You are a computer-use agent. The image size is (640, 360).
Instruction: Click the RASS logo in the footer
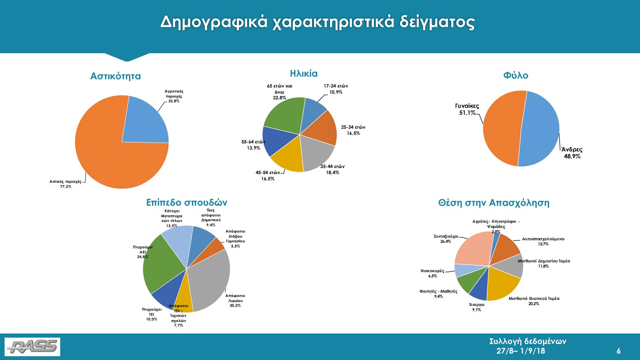[x=32, y=346]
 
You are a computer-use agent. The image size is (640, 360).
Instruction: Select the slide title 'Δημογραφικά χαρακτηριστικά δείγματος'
[x=318, y=22]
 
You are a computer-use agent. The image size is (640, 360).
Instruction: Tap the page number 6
[x=618, y=351]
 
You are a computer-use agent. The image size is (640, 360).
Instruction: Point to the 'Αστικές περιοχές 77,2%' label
[x=66, y=184]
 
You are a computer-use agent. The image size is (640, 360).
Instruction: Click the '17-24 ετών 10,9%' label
[x=336, y=89]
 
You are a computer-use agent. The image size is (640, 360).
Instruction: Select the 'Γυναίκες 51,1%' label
[x=467, y=109]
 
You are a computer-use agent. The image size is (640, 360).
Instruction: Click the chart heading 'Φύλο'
[x=516, y=75]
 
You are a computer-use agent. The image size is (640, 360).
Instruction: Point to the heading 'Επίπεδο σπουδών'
[x=186, y=202]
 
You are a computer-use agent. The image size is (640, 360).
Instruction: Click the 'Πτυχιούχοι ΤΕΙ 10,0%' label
[x=152, y=314]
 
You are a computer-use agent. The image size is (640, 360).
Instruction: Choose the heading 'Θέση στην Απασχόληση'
[x=494, y=203]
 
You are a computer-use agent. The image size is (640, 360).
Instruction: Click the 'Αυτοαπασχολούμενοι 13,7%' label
[x=543, y=241]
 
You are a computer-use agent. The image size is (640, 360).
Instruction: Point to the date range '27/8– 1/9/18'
[x=520, y=351]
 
